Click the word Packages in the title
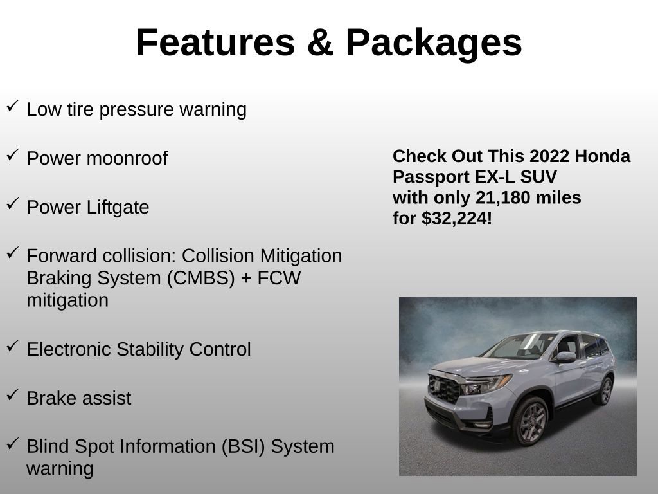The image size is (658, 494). click(x=433, y=43)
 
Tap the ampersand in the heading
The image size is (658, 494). click(x=319, y=43)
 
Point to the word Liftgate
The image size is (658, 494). click(x=118, y=207)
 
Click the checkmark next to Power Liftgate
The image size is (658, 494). click(x=12, y=204)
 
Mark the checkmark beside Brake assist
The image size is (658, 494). click(x=12, y=395)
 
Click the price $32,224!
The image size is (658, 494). click(x=457, y=219)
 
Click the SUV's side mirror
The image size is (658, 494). click(x=565, y=357)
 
